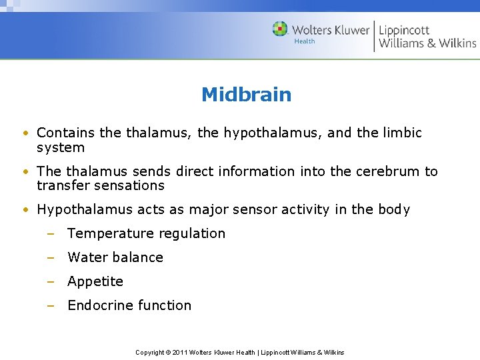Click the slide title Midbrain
[246, 95]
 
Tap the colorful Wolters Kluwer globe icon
[280, 29]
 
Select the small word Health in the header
[304, 41]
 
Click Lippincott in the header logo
[404, 30]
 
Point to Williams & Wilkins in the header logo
[427, 43]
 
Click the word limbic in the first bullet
[402, 133]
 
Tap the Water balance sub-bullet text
[115, 257]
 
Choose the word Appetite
[95, 281]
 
